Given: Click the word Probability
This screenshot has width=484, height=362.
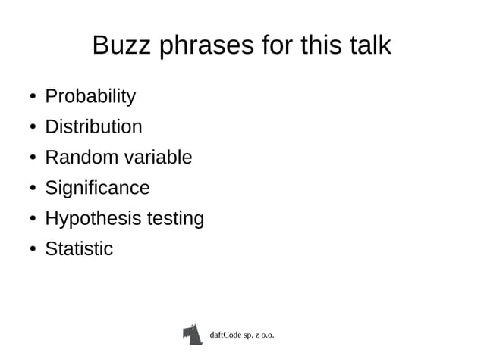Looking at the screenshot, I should pos(90,97).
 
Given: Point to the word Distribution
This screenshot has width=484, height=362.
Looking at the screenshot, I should pos(93,126).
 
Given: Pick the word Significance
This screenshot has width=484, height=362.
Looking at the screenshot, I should pos(97,188).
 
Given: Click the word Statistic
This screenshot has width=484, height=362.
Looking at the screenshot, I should pos(79,248).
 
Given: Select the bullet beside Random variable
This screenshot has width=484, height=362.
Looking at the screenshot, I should pos(33,158).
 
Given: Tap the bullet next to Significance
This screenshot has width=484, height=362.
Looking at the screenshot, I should pos(33,189).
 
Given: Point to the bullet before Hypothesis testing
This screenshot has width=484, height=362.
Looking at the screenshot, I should pos(33,220).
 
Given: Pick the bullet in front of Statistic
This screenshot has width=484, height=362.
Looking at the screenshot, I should pos(33,250).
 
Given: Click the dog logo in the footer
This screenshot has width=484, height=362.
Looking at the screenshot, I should pos(193,334).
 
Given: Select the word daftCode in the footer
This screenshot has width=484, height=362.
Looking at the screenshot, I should pos(226,334).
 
